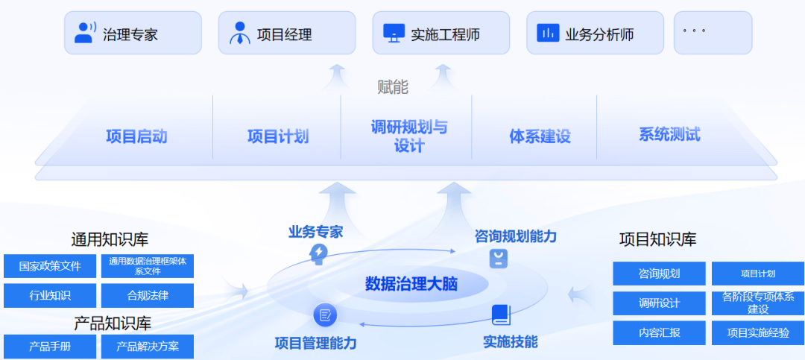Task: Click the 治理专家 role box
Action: point(133,33)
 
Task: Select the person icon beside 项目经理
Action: point(240,34)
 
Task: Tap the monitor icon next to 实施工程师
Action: point(394,33)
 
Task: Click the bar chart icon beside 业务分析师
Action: point(548,33)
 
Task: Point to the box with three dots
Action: point(713,33)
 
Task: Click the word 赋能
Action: point(393,87)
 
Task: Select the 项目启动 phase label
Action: point(136,136)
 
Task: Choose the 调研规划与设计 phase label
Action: point(409,136)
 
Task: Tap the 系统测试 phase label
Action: point(669,135)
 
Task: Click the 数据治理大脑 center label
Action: point(411,284)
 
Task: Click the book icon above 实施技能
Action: point(500,315)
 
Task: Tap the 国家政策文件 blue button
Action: point(50,266)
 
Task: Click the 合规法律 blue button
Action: point(148,295)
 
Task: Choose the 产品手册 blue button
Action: point(50,347)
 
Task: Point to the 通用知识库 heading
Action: point(110,239)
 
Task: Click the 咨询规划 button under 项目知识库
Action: point(659,274)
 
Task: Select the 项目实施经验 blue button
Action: point(758,332)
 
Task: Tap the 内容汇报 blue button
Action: point(659,332)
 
